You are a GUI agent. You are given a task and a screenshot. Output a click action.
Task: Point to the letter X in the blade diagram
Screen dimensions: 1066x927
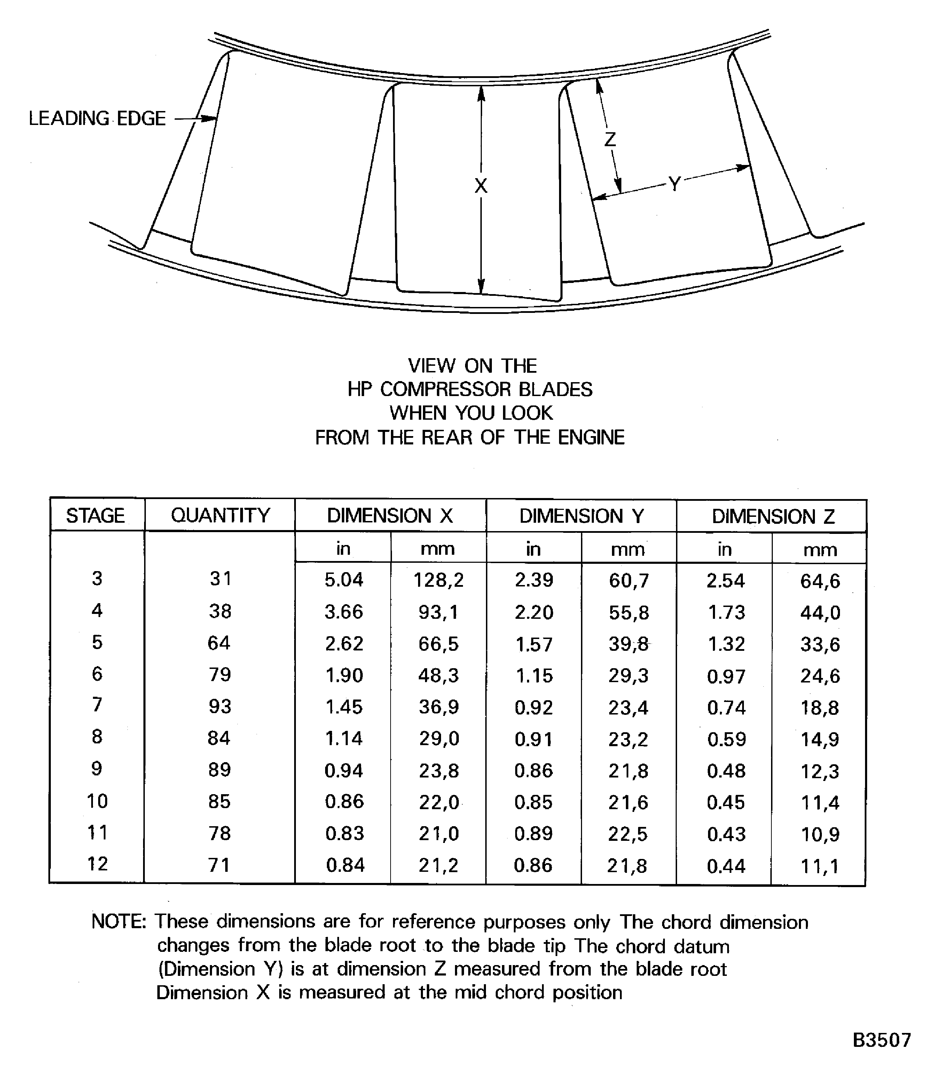click(481, 186)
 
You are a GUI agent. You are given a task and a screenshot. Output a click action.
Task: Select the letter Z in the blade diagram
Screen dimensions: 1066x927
click(611, 139)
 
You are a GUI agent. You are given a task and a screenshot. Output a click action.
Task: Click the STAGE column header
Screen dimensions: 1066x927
click(96, 516)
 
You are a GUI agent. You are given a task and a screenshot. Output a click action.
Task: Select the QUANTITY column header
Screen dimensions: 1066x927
click(220, 516)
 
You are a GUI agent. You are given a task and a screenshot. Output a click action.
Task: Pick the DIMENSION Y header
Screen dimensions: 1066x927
click(581, 516)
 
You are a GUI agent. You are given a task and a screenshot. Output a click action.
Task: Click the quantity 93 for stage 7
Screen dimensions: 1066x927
click(220, 706)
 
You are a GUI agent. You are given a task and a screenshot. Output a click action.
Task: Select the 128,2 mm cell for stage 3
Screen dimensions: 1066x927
click(439, 580)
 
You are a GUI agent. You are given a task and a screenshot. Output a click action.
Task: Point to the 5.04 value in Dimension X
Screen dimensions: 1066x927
click(344, 580)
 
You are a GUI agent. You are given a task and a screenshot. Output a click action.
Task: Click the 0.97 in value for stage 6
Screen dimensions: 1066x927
click(726, 676)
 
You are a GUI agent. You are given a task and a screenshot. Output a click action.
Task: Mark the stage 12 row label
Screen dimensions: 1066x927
click(97, 864)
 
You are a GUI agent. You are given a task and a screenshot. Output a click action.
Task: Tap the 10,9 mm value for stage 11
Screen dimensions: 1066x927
click(820, 834)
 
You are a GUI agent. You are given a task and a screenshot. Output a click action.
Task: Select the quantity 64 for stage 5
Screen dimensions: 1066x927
click(219, 643)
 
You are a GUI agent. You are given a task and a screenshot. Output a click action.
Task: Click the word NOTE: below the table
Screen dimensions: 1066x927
click(119, 922)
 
